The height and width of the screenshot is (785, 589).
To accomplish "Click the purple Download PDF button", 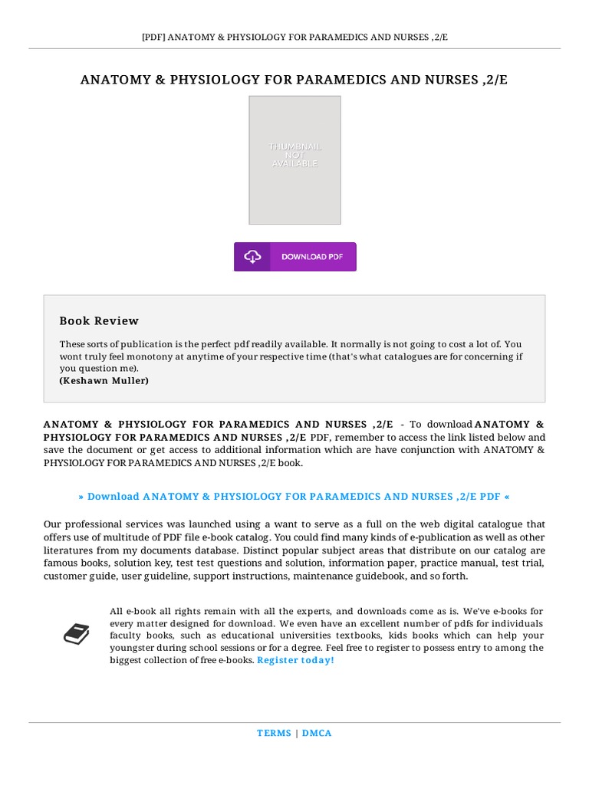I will tap(295, 257).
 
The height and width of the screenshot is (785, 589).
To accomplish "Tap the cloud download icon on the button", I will tap(252, 257).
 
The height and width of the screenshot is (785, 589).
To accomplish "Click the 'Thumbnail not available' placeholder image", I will tap(294, 159).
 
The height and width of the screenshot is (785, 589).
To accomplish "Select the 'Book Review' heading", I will tap(99, 320).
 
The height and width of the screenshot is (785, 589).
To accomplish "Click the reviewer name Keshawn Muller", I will tap(104, 380).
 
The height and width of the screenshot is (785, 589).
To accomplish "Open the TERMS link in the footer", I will tap(274, 733).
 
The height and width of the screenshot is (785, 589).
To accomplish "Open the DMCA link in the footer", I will tap(317, 733).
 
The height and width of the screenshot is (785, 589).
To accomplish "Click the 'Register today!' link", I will tap(295, 659).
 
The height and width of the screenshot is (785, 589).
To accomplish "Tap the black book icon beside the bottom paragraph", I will tap(76, 634).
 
